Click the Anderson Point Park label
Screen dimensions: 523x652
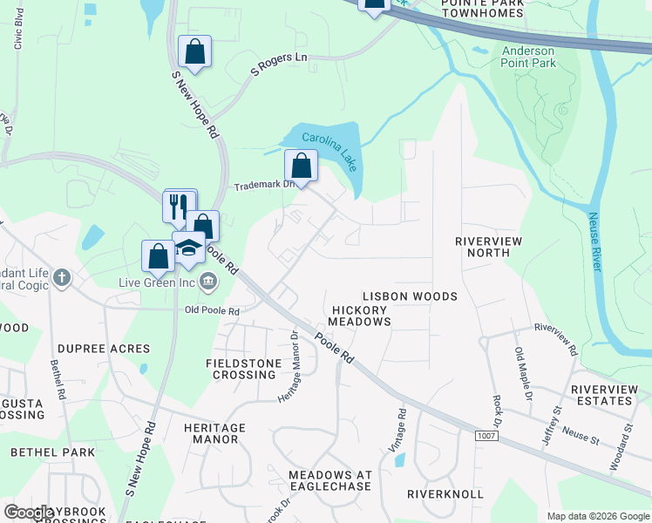528,57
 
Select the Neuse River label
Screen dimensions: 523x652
594,241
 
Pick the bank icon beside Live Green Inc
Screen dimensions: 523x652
209,281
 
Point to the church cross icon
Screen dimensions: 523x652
61,278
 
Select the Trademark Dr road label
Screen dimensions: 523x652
259,187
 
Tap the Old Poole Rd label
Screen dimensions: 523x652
212,310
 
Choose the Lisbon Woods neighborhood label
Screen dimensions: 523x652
410,296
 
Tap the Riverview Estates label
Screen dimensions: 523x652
601,395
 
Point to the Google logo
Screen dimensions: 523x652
30,513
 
